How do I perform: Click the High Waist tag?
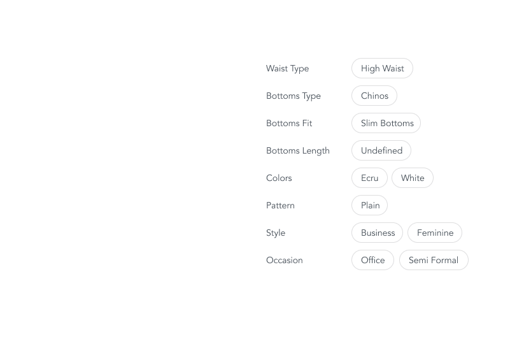pos(382,68)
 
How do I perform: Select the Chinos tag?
pos(374,96)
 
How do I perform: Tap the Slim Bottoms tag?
pos(386,123)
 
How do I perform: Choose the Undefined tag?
pos(381,150)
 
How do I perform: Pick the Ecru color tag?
pos(369,178)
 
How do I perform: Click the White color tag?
pos(413,178)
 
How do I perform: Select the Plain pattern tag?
pos(369,205)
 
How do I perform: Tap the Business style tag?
pos(378,233)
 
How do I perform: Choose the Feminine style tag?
pos(435,233)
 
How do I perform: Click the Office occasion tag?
pos(372,261)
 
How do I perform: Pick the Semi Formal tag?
pos(434,261)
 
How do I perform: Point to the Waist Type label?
pos(288,68)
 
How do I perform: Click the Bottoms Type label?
pos(294,96)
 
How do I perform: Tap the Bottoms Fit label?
pos(289,123)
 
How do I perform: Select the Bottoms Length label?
pos(298,151)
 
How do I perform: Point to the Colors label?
pos(279,178)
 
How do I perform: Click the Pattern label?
pos(280,205)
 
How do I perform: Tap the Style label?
pos(276,233)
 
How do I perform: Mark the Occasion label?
pos(285,261)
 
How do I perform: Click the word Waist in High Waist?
pos(393,68)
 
